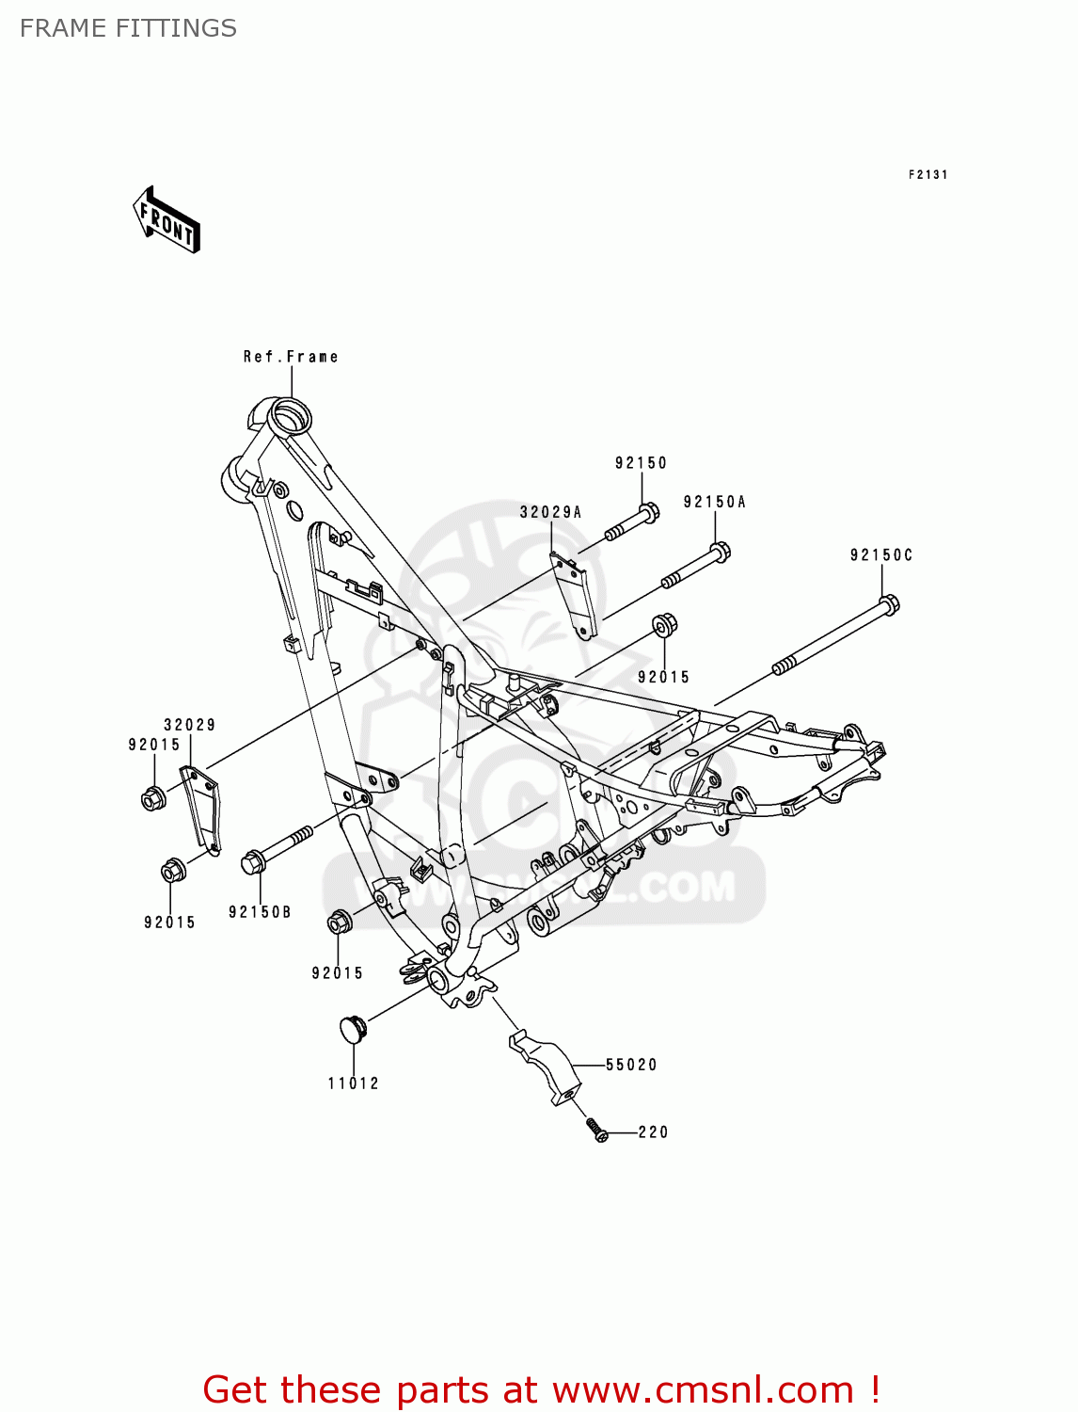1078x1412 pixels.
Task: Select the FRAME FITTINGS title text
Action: coord(128,28)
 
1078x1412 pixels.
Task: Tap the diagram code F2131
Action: coord(927,175)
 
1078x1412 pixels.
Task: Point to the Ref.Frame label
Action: coord(290,357)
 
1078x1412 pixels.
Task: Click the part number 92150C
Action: coord(881,555)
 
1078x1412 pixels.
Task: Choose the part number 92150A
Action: coord(715,503)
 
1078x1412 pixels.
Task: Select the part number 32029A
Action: coord(551,512)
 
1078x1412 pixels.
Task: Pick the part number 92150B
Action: coord(260,912)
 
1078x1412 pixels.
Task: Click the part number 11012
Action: coord(353,1083)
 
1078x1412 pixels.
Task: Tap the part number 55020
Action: coord(631,1065)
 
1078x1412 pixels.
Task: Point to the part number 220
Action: coord(653,1132)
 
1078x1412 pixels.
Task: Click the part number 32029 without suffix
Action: coord(190,725)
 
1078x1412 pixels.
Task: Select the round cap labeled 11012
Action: coord(352,1028)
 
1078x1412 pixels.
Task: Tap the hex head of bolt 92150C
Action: coord(888,603)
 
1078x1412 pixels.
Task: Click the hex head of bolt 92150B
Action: coord(252,862)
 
